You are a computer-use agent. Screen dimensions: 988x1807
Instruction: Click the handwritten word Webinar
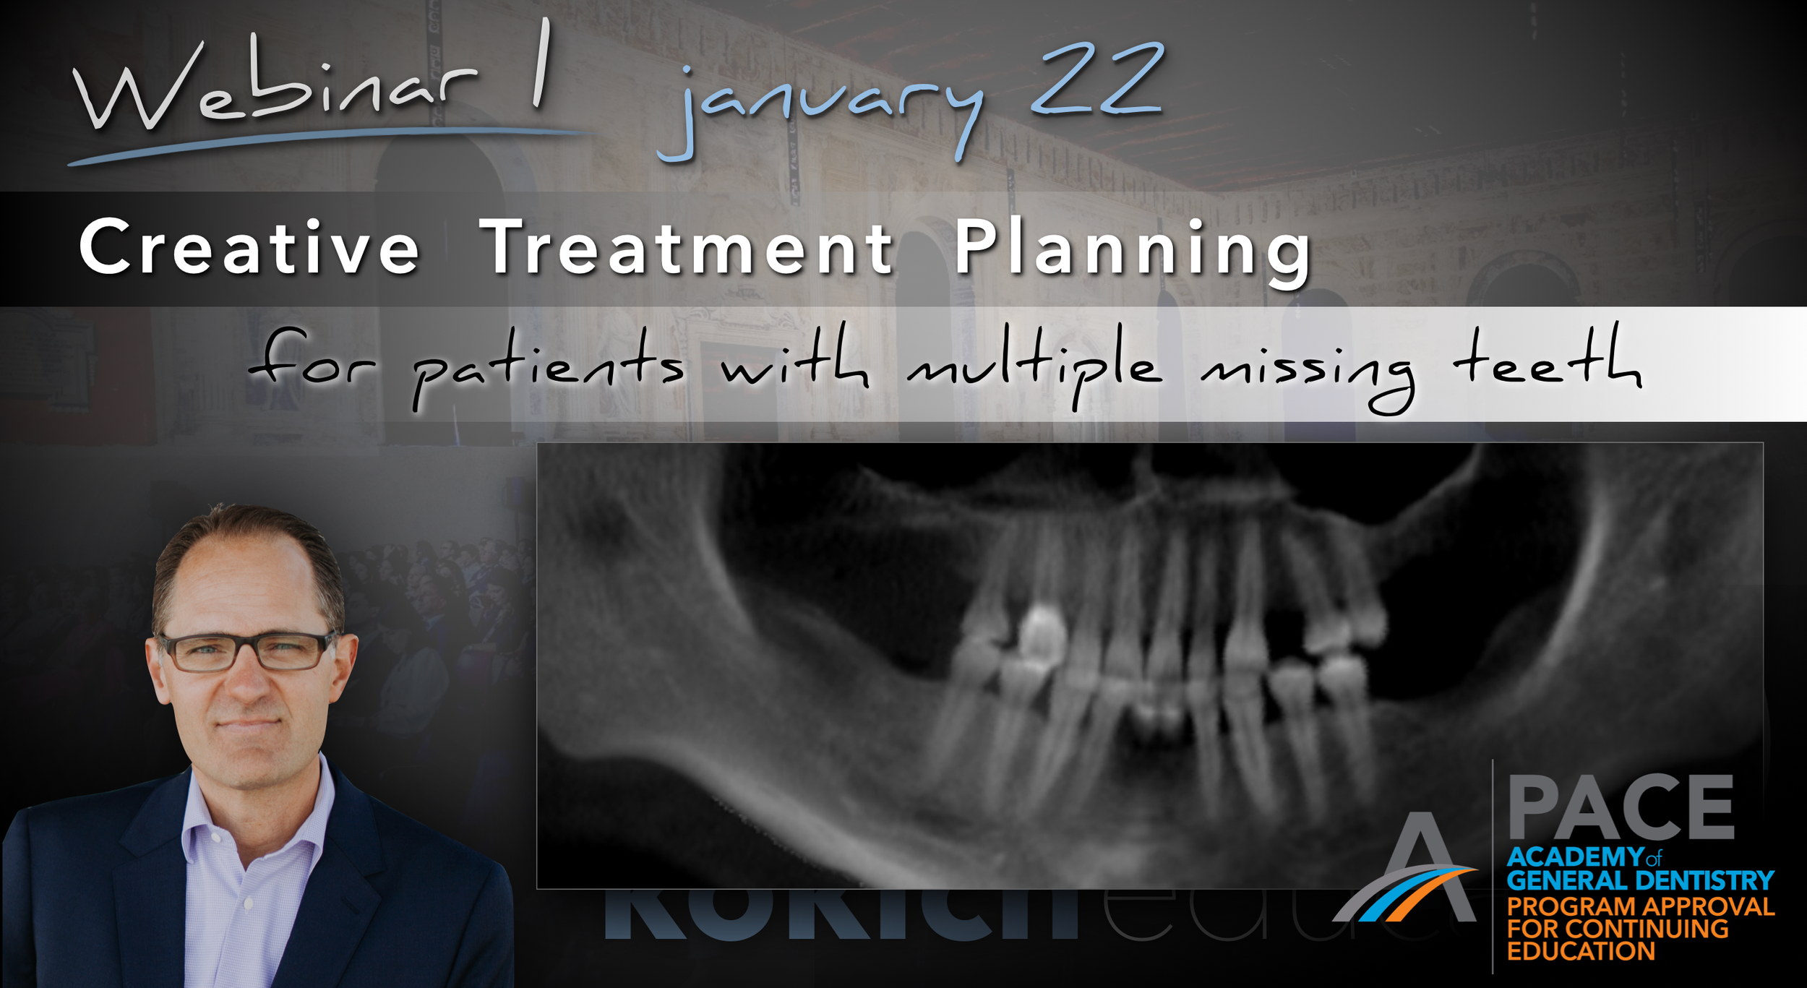pyautogui.click(x=275, y=90)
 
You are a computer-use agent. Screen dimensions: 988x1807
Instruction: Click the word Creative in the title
pyautogui.click(x=249, y=247)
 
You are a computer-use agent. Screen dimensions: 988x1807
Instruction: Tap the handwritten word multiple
pyautogui.click(x=1034, y=365)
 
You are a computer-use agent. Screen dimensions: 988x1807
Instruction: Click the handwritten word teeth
pyautogui.click(x=1547, y=361)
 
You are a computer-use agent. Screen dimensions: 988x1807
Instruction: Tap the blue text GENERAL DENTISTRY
pyautogui.click(x=1639, y=880)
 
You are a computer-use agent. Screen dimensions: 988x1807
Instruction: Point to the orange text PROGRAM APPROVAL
pyautogui.click(x=1639, y=906)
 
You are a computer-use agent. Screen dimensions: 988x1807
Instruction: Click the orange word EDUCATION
pyautogui.click(x=1580, y=951)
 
